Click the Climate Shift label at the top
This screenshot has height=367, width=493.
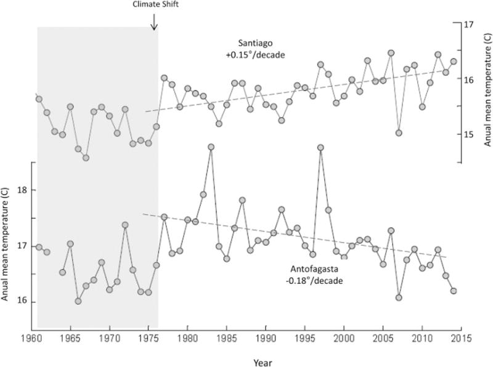point(154,4)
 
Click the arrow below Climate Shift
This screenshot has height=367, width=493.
point(154,22)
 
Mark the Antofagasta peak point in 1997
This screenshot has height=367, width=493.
point(320,148)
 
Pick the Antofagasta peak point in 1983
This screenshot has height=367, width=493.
point(211,147)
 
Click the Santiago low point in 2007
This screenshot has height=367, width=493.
point(399,133)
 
